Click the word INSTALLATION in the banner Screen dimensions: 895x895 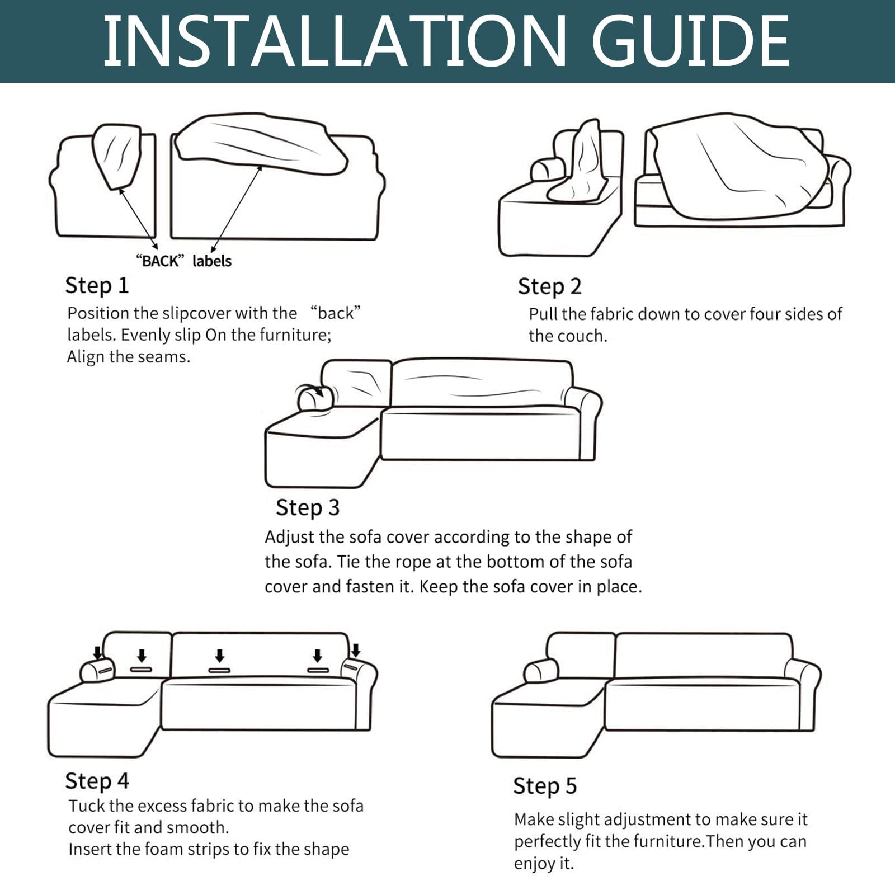click(335, 41)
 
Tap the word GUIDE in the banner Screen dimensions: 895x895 click(691, 41)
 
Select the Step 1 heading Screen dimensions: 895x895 click(97, 286)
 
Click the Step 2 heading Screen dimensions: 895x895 click(549, 286)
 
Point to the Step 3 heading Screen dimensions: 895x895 click(307, 508)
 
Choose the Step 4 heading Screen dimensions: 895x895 click(97, 781)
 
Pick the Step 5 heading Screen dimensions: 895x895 click(545, 786)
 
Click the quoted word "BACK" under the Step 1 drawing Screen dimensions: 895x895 click(160, 261)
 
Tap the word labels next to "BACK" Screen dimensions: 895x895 click(211, 261)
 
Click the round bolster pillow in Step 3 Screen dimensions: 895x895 click(315, 398)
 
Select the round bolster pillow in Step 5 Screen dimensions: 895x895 click(541, 671)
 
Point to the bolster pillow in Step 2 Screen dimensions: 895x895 click(548, 169)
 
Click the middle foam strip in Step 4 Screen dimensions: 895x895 click(219, 670)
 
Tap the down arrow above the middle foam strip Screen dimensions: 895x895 click(220, 656)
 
